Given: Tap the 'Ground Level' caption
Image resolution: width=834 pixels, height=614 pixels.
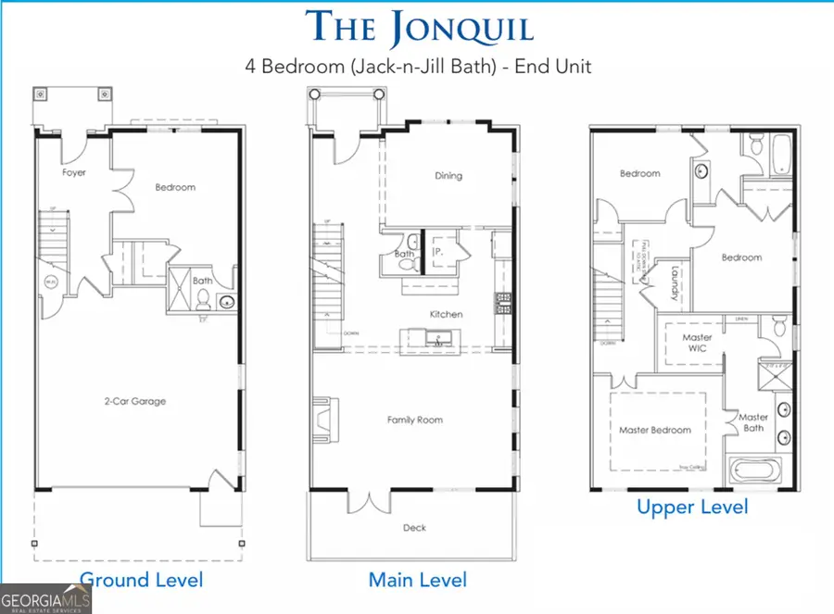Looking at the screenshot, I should click(x=141, y=581).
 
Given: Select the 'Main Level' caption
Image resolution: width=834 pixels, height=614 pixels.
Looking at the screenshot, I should click(x=417, y=581).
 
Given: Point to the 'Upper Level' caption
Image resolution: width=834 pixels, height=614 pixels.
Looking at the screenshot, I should click(x=691, y=507).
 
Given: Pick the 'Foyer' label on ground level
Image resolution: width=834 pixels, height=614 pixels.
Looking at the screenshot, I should click(x=74, y=172).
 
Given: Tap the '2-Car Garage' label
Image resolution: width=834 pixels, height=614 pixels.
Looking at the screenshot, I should click(x=135, y=401).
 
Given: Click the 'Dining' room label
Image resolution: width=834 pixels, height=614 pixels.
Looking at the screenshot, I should click(x=448, y=176).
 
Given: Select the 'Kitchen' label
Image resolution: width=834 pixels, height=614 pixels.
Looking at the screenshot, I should click(x=446, y=314).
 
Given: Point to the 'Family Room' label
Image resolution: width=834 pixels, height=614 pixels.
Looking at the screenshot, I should click(x=414, y=420).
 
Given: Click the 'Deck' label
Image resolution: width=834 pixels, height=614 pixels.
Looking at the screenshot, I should click(x=414, y=527).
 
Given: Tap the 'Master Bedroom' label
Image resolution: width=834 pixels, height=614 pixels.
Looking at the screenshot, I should click(x=655, y=430).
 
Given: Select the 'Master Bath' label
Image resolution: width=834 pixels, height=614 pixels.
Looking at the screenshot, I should click(x=752, y=422).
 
